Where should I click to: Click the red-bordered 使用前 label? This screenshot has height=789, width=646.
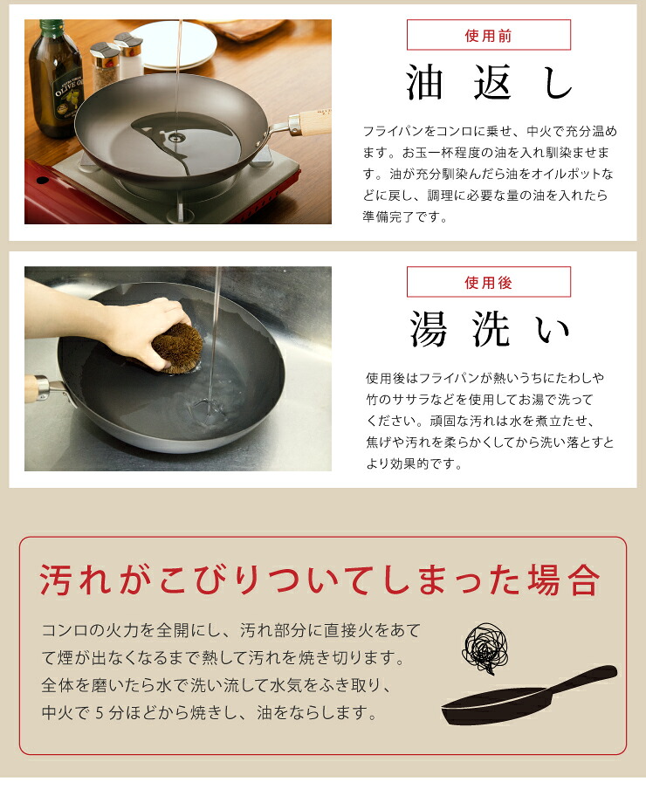pyautogui.click(x=489, y=35)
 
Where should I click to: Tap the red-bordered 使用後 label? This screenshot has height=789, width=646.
pyautogui.click(x=489, y=282)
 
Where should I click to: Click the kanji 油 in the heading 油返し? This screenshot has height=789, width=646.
pyautogui.click(x=424, y=83)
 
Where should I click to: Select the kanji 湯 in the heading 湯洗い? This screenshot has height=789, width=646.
pyautogui.click(x=428, y=329)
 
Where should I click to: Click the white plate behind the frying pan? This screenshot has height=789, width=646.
pyautogui.click(x=174, y=45)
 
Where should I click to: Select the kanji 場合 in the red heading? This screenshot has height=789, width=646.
pyautogui.click(x=564, y=580)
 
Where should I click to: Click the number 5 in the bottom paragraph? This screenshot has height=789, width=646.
pyautogui.click(x=100, y=712)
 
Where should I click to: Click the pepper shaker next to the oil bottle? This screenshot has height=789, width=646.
pyautogui.click(x=105, y=65)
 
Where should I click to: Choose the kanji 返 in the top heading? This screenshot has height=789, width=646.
pyautogui.click(x=492, y=83)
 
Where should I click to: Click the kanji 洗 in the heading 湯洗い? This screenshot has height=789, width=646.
pyautogui.click(x=491, y=329)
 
